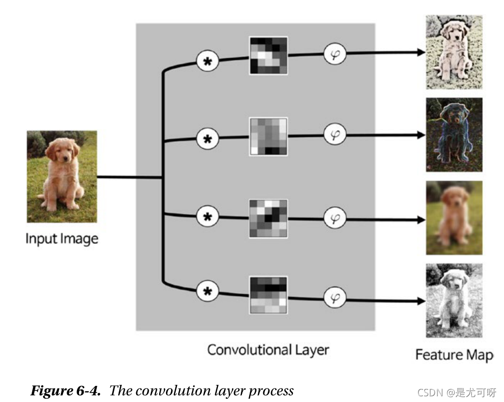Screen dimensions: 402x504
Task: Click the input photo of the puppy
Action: click(x=62, y=177)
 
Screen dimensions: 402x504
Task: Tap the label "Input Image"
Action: click(x=62, y=239)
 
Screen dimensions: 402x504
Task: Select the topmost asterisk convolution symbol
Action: click(x=208, y=62)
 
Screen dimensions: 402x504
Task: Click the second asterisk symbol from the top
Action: click(x=208, y=139)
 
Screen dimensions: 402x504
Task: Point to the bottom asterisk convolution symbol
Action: click(x=208, y=292)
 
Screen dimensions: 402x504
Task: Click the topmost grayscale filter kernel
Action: click(x=268, y=55)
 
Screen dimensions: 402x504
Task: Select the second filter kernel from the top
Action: click(x=268, y=136)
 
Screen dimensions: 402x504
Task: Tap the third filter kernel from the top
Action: click(x=268, y=218)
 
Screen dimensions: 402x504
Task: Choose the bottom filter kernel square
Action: click(x=268, y=295)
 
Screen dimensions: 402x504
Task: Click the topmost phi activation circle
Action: click(x=335, y=54)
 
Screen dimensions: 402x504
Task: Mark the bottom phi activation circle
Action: click(x=335, y=298)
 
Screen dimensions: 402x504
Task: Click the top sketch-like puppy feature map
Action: click(x=454, y=52)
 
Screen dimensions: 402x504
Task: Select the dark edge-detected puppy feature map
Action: click(x=454, y=134)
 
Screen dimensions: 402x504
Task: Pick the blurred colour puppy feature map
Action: click(x=454, y=218)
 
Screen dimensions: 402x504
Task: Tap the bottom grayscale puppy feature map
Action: click(x=454, y=300)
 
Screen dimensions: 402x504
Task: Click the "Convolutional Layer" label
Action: click(x=268, y=349)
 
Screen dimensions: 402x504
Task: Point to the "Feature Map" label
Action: click(x=454, y=355)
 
